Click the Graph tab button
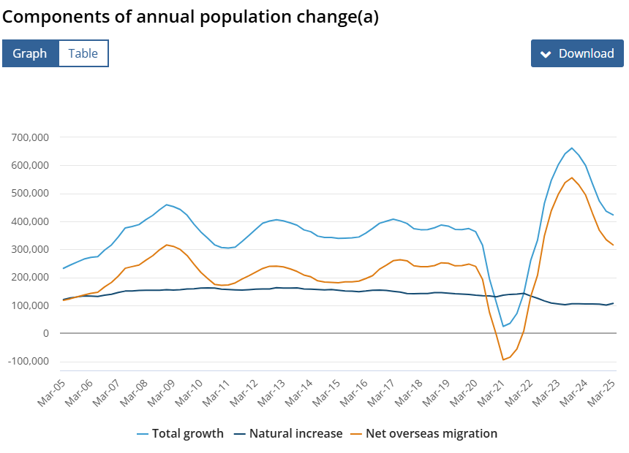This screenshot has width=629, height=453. [x=30, y=53]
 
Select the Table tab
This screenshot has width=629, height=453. [x=83, y=53]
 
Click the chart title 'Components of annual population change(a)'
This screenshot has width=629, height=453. [x=191, y=17]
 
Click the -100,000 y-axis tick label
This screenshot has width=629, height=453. [x=28, y=362]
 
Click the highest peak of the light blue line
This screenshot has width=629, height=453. [x=572, y=148]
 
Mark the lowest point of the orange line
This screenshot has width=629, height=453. [x=503, y=359]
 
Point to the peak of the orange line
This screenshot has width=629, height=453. [x=572, y=178]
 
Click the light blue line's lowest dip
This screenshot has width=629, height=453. [x=503, y=326]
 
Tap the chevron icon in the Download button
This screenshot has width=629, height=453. [x=545, y=54]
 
